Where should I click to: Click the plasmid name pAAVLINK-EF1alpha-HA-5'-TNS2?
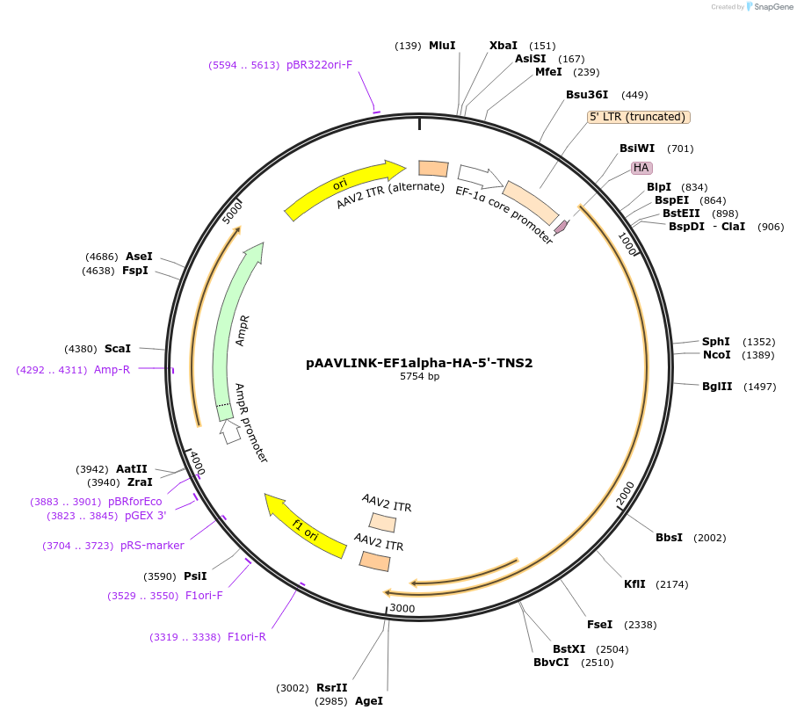pos(419,362)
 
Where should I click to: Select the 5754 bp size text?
pos(419,376)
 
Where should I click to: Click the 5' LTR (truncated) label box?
pos(639,117)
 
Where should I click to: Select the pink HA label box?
pos(641,168)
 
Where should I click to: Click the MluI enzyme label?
pos(442,46)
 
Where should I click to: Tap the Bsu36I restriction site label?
pos(587,95)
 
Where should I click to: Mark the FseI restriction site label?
pos(599,625)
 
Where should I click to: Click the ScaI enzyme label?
pos(118,349)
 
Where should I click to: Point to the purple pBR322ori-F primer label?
pos(319,65)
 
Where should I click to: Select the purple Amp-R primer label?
pos(112,370)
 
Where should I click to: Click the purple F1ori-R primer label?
pos(246,637)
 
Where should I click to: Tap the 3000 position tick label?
pos(402,608)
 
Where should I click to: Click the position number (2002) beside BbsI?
pos(710,538)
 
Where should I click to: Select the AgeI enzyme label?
pos(369,701)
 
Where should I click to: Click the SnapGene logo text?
pos(771,7)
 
